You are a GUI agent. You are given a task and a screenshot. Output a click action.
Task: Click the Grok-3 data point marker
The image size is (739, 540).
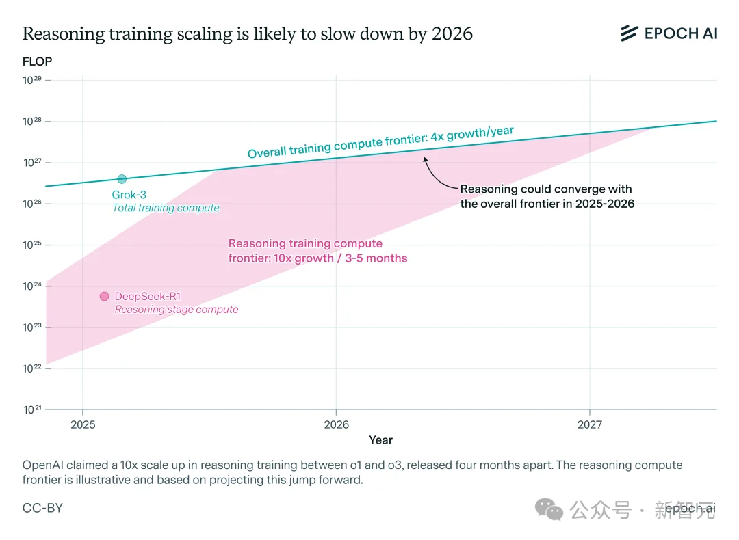(122, 179)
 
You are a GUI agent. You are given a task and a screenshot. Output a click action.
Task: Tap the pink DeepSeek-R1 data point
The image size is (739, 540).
(104, 296)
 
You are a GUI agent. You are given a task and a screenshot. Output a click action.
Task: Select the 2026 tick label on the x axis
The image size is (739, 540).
(336, 424)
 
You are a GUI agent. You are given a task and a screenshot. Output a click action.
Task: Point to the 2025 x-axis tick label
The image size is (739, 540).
(82, 424)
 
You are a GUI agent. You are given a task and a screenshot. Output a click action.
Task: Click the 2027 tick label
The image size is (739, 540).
(590, 424)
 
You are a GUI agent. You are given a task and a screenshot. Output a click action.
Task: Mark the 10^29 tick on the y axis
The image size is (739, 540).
(32, 80)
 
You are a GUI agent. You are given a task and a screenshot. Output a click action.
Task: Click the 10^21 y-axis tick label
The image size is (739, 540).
(32, 409)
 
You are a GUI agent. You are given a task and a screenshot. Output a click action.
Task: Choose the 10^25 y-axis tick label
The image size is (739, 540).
(32, 245)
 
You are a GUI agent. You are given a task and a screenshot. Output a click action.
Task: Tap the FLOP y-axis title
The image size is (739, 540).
(37, 62)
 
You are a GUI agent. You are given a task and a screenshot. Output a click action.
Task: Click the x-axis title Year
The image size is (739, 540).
(380, 440)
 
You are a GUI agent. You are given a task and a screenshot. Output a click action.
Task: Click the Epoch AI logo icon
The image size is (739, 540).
(629, 33)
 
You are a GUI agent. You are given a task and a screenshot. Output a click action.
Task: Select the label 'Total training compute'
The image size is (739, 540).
(166, 208)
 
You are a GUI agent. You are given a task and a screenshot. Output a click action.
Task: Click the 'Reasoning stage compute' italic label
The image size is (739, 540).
(177, 310)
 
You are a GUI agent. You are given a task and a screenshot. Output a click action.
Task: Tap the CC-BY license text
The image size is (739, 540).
(42, 508)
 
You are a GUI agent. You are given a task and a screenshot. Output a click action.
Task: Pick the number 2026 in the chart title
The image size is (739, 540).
(452, 33)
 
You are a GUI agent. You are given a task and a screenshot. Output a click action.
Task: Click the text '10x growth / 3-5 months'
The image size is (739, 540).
(339, 258)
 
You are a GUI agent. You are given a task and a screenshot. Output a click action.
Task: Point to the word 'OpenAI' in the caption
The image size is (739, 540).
(42, 465)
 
